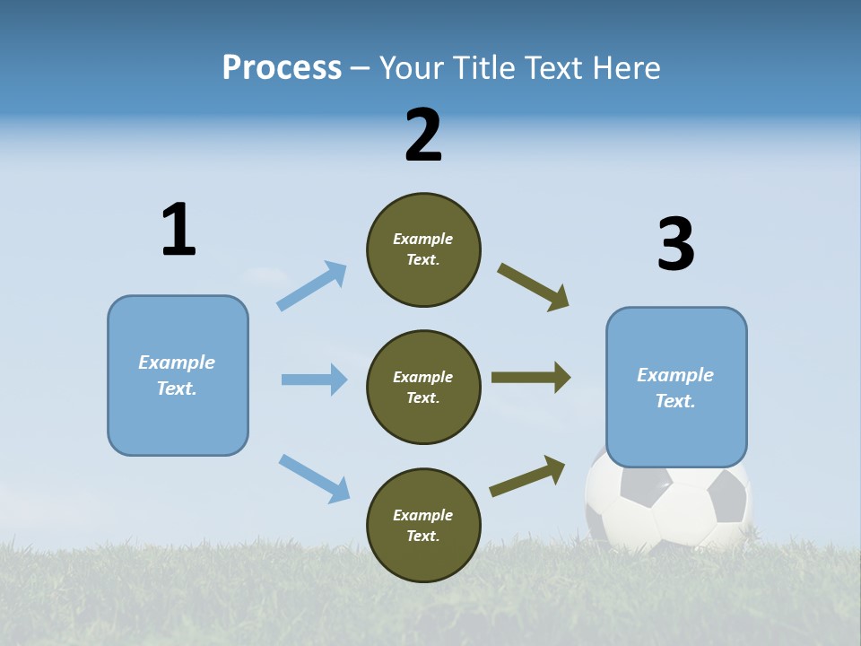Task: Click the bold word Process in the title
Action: [x=282, y=68]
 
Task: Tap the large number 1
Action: [x=178, y=230]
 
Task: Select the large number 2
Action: [x=423, y=135]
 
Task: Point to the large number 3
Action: [x=675, y=244]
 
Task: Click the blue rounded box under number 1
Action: [x=178, y=375]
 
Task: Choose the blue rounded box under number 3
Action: [x=675, y=388]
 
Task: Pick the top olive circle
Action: [x=423, y=249]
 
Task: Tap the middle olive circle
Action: [x=423, y=388]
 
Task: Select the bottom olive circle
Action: [x=423, y=526]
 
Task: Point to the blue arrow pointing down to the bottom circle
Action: [x=314, y=478]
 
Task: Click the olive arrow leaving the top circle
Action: [x=534, y=287]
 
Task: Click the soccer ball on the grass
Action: [x=668, y=507]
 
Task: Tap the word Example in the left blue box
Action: [x=177, y=362]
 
